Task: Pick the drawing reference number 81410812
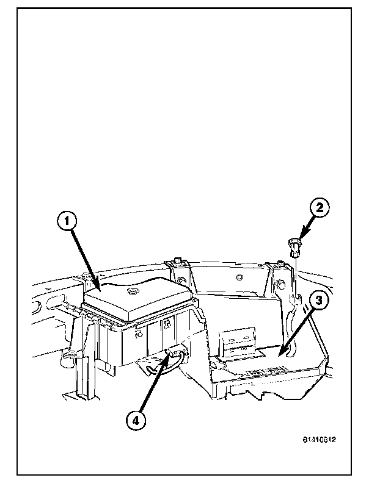point(320,439)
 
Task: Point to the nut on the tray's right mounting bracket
point(280,284)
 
